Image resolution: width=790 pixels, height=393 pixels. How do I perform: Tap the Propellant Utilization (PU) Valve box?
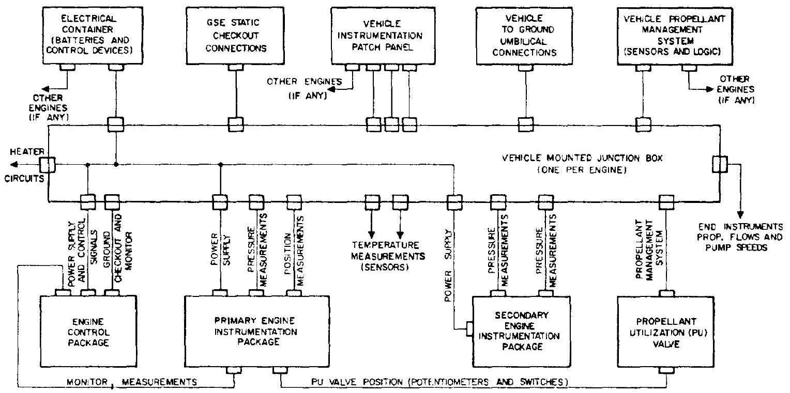click(x=665, y=331)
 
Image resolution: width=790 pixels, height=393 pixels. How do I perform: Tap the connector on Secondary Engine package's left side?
click(x=469, y=328)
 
